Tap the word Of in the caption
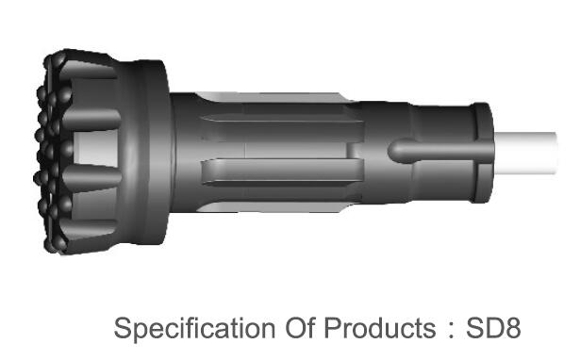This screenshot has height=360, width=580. (x=301, y=328)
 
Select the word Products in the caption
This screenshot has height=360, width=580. (x=380, y=328)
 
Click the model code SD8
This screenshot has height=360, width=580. (x=493, y=328)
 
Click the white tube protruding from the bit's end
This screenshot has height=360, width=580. (x=525, y=153)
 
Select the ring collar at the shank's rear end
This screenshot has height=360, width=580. (x=482, y=153)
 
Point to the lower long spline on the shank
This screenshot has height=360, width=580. (x=282, y=172)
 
